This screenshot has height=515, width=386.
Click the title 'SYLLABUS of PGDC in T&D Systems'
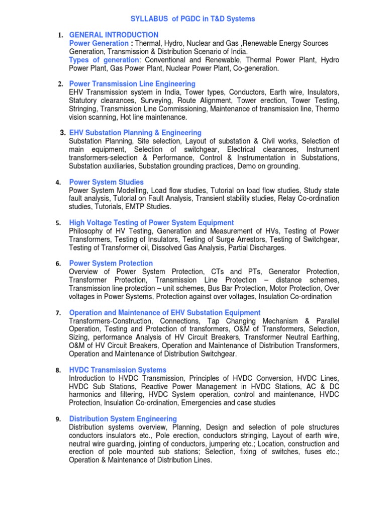(x=193, y=19)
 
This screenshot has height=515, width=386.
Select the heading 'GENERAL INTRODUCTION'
(x=114, y=35)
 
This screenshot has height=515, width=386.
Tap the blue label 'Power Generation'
(x=99, y=43)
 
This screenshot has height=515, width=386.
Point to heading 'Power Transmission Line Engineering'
(x=132, y=83)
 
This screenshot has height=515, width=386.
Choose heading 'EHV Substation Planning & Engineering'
(x=135, y=132)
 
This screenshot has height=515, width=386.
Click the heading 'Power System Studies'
(x=106, y=182)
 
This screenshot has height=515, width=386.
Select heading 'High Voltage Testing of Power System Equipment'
(x=151, y=222)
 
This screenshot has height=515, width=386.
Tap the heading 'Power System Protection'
(x=111, y=263)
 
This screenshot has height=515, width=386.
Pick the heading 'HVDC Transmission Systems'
(x=118, y=370)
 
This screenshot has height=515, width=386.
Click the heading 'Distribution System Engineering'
(x=123, y=418)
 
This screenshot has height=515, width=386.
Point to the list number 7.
(x=58, y=313)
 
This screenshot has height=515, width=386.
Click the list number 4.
(x=58, y=182)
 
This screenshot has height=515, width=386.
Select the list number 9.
(x=58, y=419)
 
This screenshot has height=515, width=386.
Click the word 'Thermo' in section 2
(x=327, y=109)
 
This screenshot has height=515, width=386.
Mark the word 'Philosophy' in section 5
(x=86, y=231)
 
